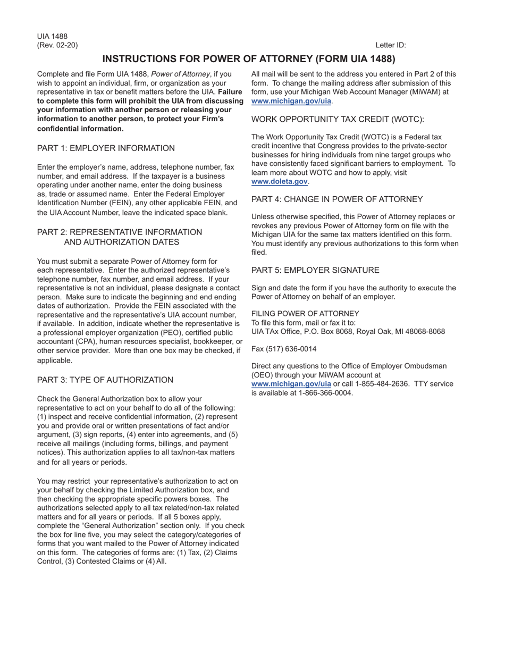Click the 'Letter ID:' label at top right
click(391, 45)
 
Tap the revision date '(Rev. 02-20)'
click(57, 45)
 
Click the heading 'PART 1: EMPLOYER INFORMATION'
click(106, 148)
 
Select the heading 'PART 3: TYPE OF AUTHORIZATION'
click(105, 380)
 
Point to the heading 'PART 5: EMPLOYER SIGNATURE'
click(315, 270)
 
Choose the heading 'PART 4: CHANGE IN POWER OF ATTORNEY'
click(337, 199)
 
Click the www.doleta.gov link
click(280, 182)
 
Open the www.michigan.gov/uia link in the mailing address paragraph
click(291, 101)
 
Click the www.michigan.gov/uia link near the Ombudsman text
click(291, 384)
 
